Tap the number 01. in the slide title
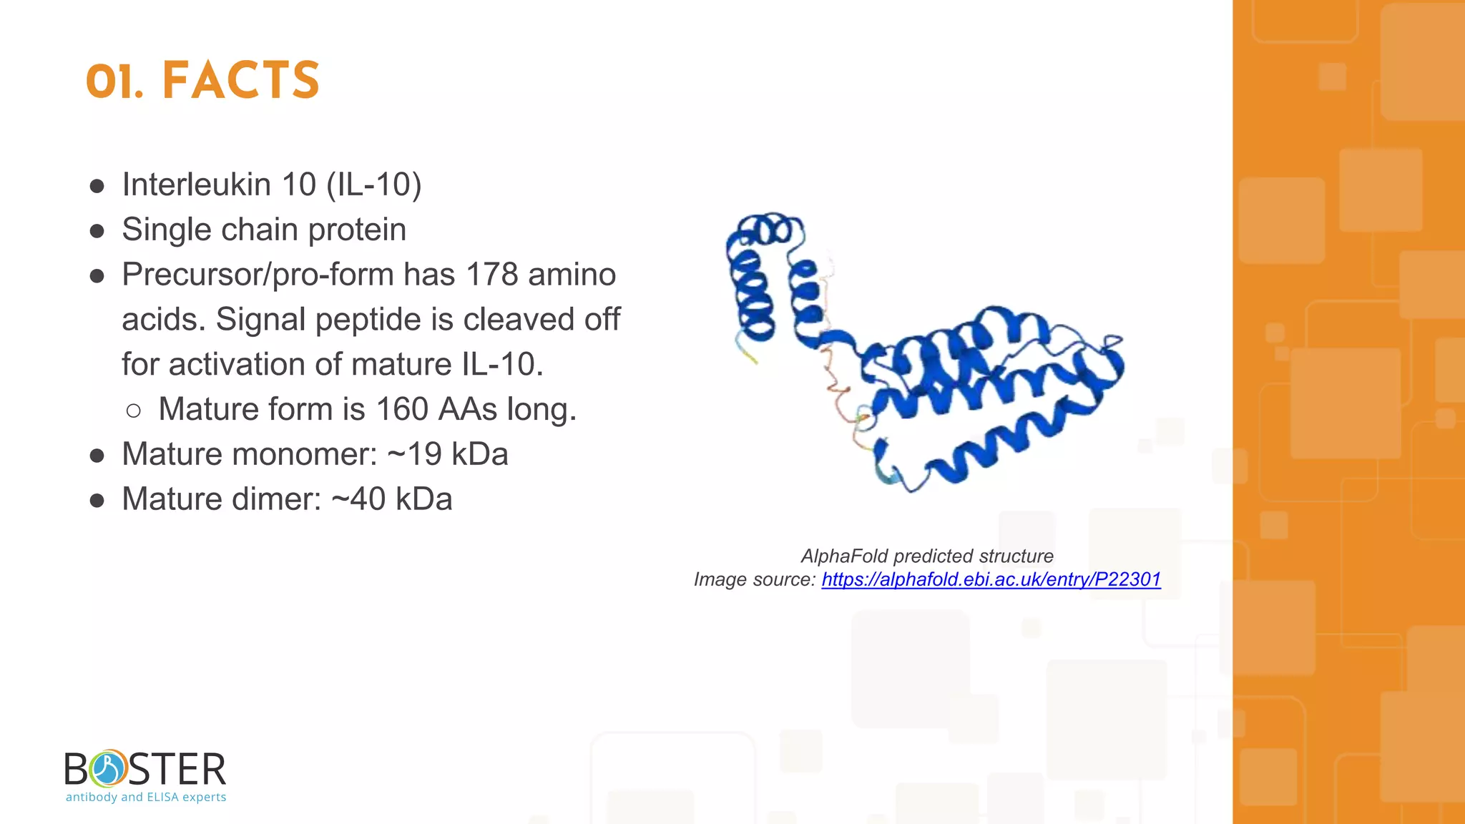(x=114, y=82)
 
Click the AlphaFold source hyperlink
(x=991, y=579)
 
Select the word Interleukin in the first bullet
(x=196, y=185)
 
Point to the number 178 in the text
(x=491, y=275)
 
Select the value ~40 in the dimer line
(x=358, y=499)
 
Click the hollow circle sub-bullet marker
(x=133, y=411)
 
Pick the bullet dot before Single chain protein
(x=97, y=231)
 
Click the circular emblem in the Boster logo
(x=108, y=769)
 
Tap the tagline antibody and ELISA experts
(x=146, y=797)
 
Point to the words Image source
(x=754, y=579)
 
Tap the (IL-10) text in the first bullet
(x=373, y=185)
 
